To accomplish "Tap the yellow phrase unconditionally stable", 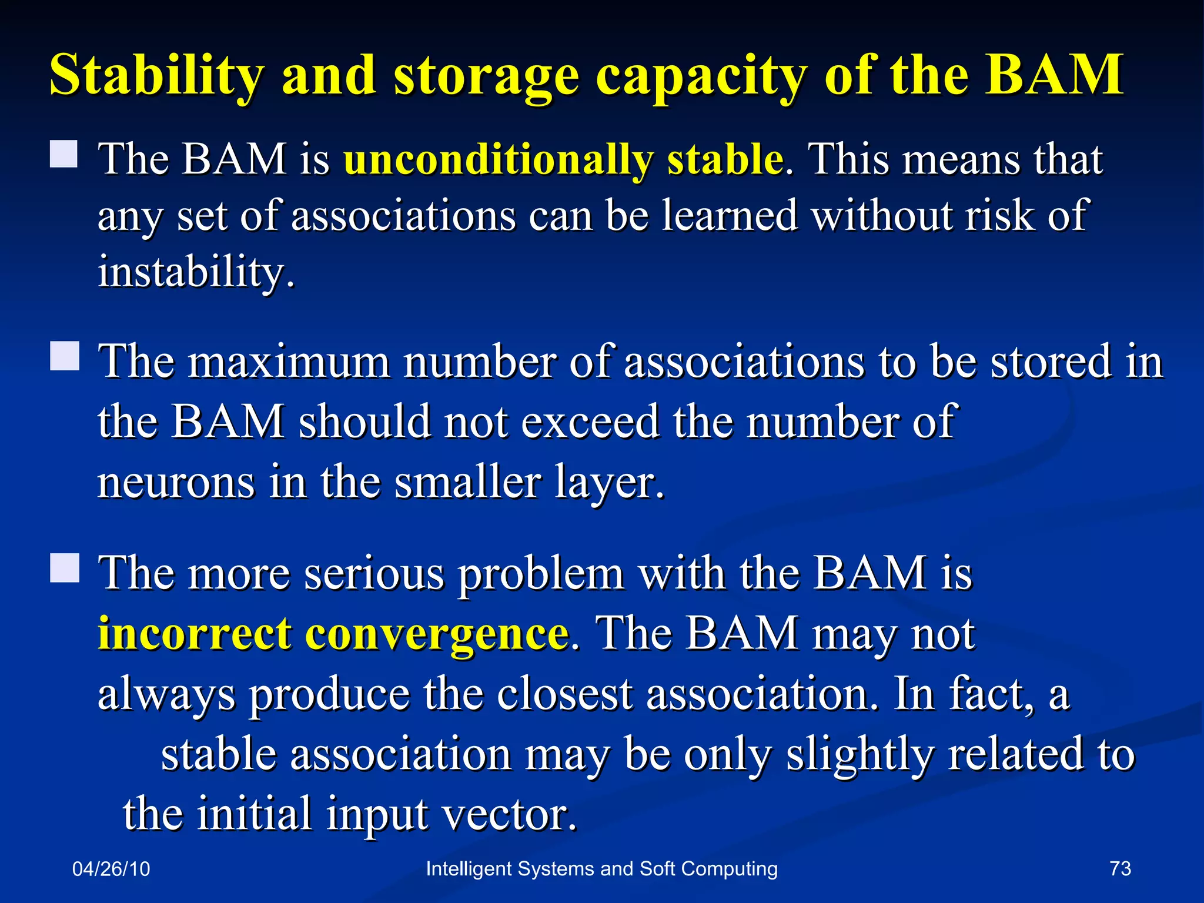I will pyautogui.click(x=563, y=160).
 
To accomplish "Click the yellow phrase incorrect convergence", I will pyautogui.click(x=333, y=634).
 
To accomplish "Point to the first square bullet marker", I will pyautogui.click(x=64, y=154).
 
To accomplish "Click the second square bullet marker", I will pyautogui.click(x=64, y=356).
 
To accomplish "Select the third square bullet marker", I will pyautogui.click(x=64, y=568).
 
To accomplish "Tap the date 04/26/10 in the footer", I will pyautogui.click(x=111, y=869).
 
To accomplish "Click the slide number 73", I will pyautogui.click(x=1120, y=868).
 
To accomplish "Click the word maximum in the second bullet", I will pyautogui.click(x=289, y=362).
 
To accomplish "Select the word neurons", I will pyautogui.click(x=176, y=482).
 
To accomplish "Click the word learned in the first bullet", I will pyautogui.click(x=730, y=216).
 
